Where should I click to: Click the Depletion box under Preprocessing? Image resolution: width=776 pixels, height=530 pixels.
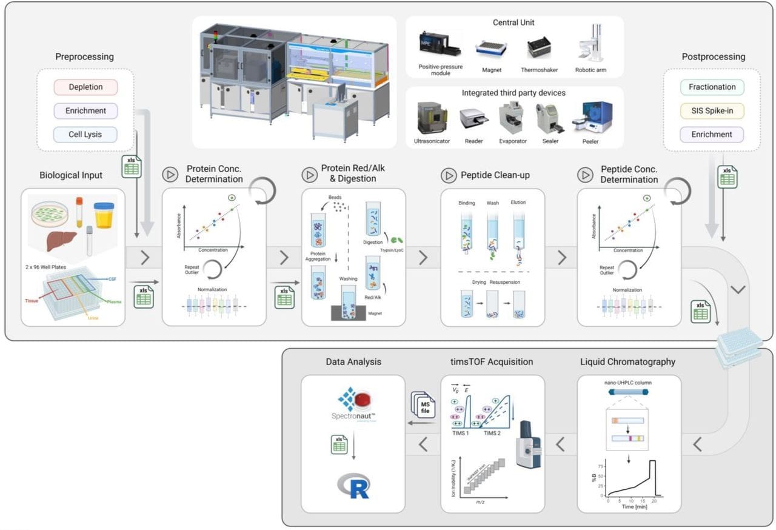85,87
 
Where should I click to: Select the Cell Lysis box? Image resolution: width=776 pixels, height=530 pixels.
85,134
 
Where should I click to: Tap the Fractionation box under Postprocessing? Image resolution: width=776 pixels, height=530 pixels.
712,87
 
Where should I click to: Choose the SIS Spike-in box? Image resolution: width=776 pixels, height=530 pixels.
712,110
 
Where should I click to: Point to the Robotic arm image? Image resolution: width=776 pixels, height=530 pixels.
590,45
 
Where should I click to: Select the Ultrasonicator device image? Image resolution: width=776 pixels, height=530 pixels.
432,118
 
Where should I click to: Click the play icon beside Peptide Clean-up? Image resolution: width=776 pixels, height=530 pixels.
449,175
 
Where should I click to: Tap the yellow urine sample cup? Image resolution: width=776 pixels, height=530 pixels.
104,215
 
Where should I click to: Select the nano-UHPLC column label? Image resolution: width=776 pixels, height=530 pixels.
629,383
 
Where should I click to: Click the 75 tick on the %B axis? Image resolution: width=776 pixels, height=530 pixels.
600,466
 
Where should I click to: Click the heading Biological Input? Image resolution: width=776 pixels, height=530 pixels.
71,175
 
